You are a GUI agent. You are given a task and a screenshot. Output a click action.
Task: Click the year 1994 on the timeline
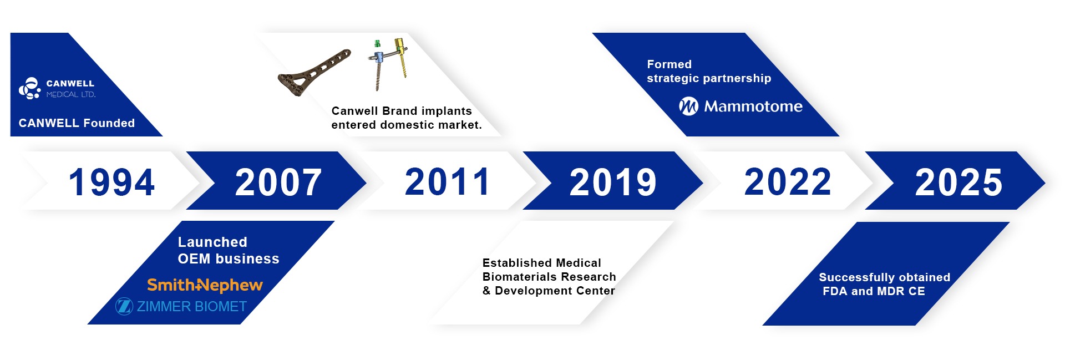(111, 182)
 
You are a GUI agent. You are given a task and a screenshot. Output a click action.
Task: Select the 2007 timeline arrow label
(278, 182)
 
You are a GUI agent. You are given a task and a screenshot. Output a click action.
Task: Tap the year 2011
(448, 181)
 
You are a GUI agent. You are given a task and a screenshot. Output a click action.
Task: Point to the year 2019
(613, 182)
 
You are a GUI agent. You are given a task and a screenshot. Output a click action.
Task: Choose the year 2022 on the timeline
(788, 181)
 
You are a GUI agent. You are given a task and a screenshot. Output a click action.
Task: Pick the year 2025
(958, 182)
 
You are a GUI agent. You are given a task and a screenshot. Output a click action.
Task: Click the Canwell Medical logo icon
(30, 88)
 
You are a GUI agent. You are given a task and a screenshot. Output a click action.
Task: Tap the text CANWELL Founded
(77, 123)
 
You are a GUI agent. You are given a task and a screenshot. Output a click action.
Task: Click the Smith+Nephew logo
(205, 285)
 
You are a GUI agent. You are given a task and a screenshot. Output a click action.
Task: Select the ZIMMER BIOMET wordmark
(192, 306)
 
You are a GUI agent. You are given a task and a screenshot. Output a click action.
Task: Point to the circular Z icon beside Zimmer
(124, 306)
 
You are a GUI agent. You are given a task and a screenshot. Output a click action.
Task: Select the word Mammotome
(753, 107)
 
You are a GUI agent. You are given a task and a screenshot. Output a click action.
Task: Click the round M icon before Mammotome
(688, 106)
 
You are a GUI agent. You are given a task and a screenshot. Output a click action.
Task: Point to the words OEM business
(229, 259)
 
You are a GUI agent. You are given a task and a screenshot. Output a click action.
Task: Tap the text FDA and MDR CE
(874, 291)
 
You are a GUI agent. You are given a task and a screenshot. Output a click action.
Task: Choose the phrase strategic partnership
(709, 79)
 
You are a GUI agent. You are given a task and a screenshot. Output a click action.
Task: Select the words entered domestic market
(407, 125)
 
